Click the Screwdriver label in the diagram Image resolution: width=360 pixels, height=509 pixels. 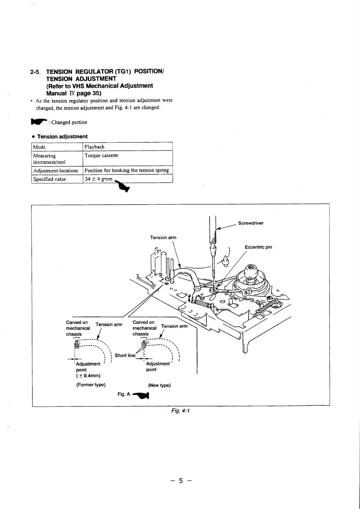[251, 223]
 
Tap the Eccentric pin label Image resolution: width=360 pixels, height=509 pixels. [258, 247]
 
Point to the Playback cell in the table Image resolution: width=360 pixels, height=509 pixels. [94, 147]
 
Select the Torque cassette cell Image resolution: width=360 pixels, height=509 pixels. [102, 155]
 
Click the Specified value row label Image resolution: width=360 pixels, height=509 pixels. [50, 179]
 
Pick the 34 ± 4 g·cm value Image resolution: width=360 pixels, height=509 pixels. [99, 179]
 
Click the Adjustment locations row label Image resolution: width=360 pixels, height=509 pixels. [56, 171]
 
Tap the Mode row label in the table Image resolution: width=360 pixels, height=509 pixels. [39, 147]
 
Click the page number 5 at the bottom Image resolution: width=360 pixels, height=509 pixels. [181, 481]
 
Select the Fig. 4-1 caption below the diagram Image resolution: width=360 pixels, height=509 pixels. [180, 410]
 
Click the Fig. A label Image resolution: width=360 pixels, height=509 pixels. [124, 394]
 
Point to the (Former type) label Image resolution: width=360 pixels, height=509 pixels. [91, 385]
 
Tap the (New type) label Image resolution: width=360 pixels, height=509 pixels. [159, 385]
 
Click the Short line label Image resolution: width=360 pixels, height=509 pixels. [125, 355]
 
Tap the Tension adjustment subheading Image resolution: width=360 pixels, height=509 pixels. [62, 136]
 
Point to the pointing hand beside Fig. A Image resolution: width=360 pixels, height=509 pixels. [141, 395]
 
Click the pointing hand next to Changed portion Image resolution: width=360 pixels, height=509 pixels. [38, 122]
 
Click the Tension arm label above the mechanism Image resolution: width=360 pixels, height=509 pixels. [163, 237]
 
